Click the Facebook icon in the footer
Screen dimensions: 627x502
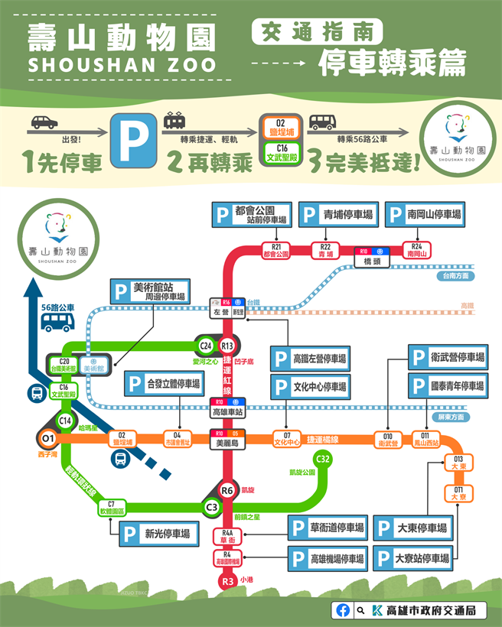[x=343, y=610]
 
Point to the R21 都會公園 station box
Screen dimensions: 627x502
[x=275, y=249]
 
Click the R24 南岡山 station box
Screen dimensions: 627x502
[x=416, y=249]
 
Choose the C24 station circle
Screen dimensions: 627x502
[x=205, y=344]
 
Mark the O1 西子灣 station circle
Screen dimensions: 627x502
[x=48, y=438]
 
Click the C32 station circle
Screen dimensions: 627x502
[x=323, y=459]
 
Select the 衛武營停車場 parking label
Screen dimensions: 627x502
[x=447, y=357]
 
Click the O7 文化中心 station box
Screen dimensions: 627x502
[x=287, y=438]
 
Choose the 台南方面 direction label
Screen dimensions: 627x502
[x=453, y=276]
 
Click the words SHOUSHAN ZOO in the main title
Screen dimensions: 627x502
[x=122, y=64]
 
